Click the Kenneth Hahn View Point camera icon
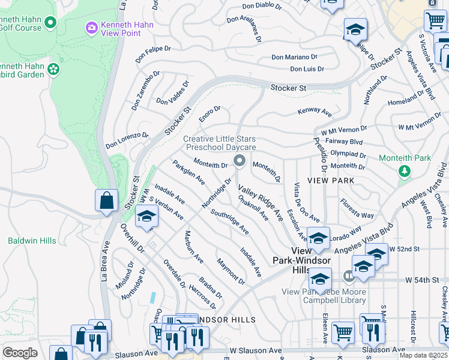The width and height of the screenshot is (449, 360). pos(91,27)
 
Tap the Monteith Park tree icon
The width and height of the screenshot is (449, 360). pos(405,171)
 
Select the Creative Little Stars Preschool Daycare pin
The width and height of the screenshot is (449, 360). pos(240,160)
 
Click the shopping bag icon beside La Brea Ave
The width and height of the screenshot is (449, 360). pos(106,200)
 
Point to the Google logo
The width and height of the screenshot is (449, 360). pos(20,353)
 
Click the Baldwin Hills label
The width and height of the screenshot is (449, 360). pos(32,241)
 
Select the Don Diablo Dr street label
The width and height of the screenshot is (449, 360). pos(262,7)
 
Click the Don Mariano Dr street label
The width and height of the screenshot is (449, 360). pos(294,57)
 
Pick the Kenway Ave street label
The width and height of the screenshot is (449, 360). pos(315,112)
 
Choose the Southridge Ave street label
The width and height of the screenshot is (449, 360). pos(229,221)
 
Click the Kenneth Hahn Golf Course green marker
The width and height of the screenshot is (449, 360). pos(50,23)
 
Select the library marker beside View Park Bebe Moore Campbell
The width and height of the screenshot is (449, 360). pos(349,276)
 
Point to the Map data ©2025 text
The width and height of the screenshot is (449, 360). pos(423,355)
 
